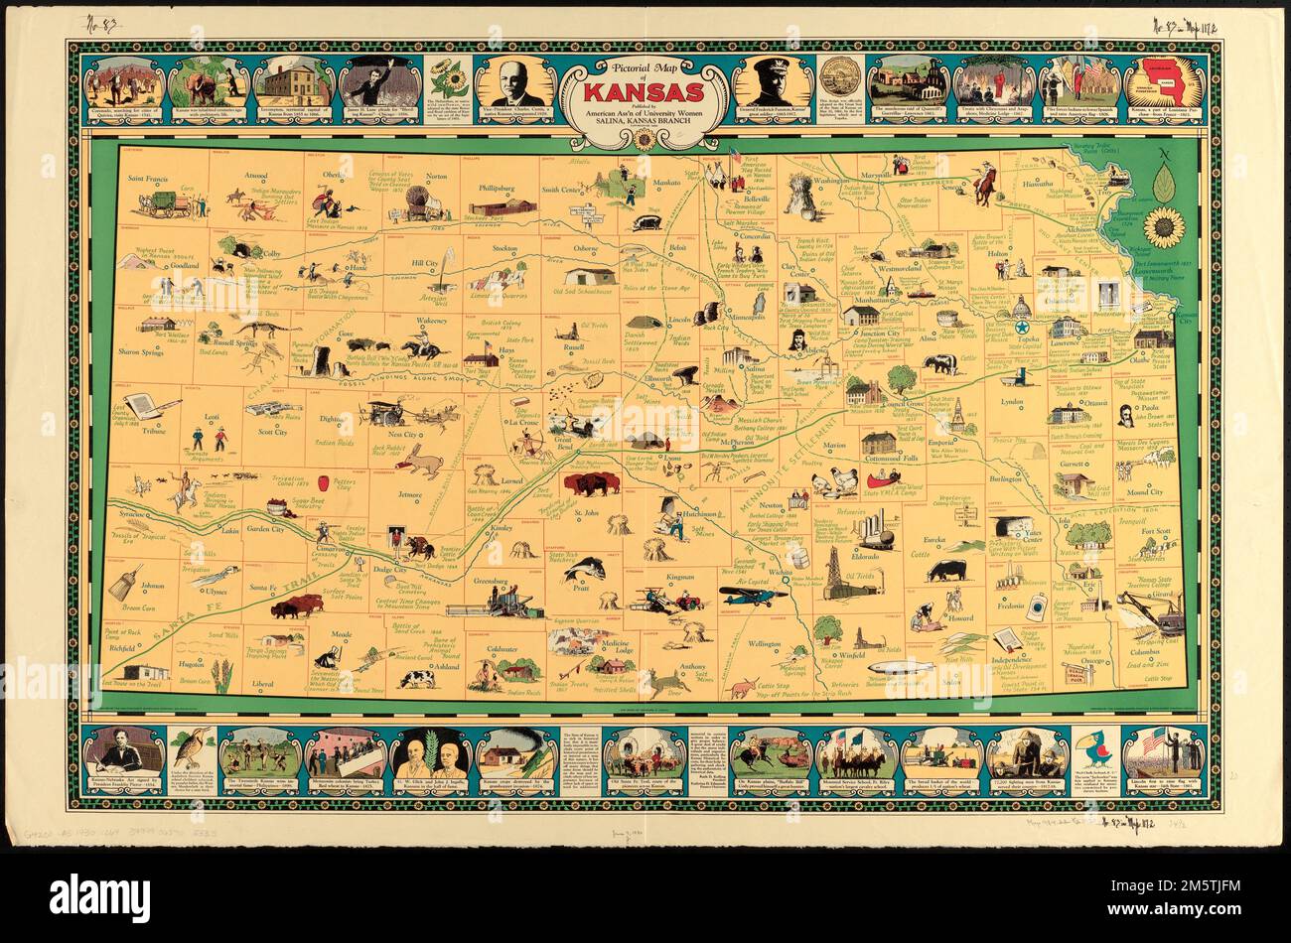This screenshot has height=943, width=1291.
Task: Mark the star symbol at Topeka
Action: coord(1021,329)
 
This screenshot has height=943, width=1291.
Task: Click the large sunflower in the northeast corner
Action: coord(1163,226)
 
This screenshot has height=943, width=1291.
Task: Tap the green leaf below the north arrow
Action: coord(1163,180)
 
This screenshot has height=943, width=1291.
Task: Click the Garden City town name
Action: coord(265,529)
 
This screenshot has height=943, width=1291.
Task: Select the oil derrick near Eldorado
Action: coord(832,573)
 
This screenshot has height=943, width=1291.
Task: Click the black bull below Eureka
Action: coord(944,572)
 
